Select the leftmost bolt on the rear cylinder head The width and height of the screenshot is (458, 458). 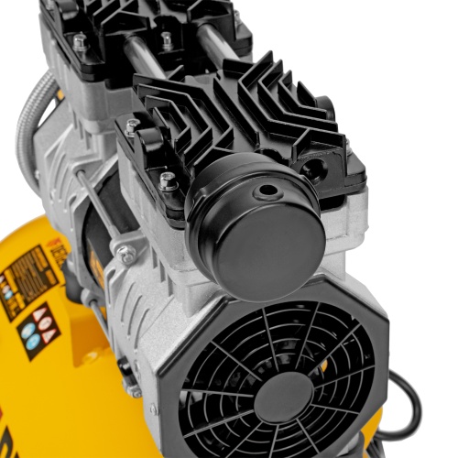point(80,42)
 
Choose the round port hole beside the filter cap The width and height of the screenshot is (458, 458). point(314,169)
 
